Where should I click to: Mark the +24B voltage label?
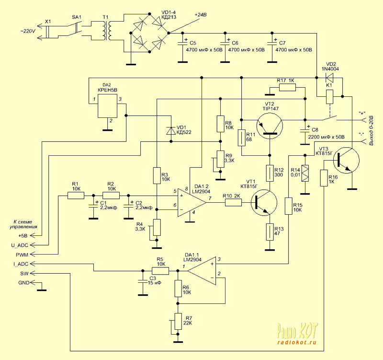pyautogui.click(x=201, y=15)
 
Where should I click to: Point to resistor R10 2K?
pyautogui.click(x=234, y=202)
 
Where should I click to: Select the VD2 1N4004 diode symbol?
pyautogui.click(x=329, y=77)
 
